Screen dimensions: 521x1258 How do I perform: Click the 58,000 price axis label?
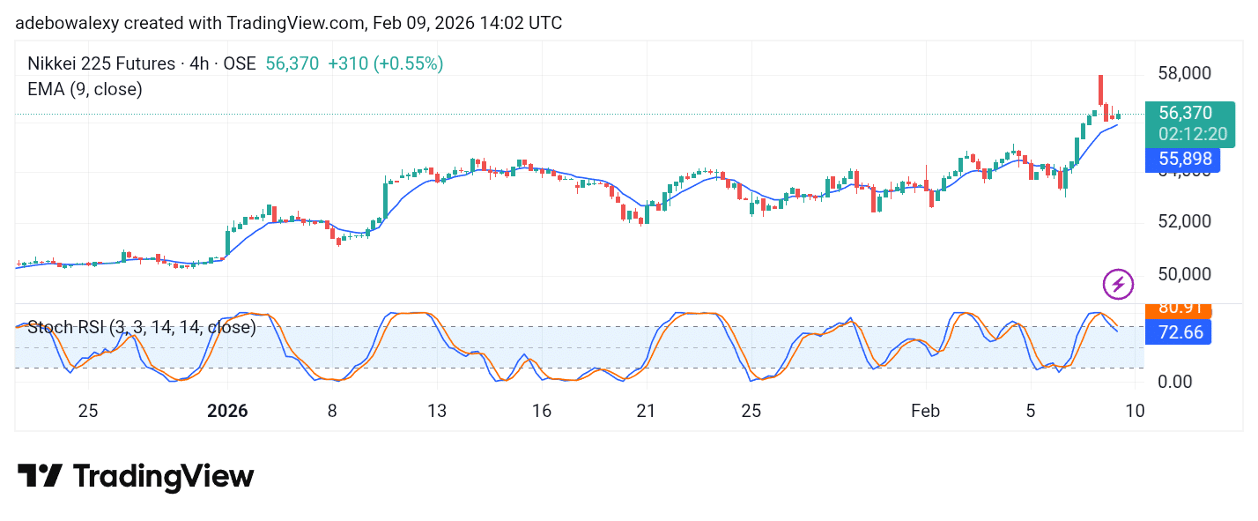1185,73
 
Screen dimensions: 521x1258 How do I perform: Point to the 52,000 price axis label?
1185,221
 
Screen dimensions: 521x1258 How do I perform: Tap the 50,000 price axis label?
1185,274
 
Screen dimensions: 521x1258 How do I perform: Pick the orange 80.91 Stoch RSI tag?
1178,309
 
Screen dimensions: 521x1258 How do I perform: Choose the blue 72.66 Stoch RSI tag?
1178,332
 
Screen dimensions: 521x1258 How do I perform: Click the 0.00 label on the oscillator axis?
1175,382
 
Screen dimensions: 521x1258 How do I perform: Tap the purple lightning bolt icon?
1118,284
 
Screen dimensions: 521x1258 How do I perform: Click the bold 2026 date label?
227,411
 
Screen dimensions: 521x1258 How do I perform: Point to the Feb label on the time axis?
926,411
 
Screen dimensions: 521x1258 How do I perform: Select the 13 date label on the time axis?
437,411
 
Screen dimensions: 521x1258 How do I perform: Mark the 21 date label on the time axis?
646,411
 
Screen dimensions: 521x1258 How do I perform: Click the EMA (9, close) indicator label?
85,89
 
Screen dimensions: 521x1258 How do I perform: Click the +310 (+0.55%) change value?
385,63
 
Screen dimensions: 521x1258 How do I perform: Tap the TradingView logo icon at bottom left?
40,477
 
